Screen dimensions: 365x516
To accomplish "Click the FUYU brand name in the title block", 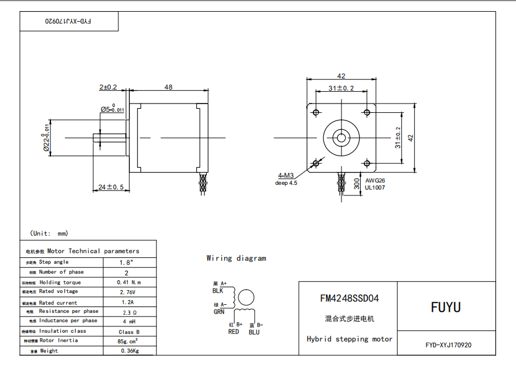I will (446, 307).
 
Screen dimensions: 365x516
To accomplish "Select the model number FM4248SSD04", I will (349, 298).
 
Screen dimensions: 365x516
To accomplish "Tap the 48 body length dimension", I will (168, 87).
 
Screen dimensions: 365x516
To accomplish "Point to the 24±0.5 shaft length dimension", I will (111, 187).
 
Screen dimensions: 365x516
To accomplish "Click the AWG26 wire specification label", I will (375, 181).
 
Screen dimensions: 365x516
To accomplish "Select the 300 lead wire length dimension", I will (357, 185).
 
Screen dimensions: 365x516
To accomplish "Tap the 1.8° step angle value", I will (127, 263).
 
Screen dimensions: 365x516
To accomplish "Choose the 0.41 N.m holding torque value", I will (129, 282).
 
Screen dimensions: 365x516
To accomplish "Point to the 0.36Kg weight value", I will (128, 351).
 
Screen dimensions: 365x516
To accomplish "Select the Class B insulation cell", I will (129, 332).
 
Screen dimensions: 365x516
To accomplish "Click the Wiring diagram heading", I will (236, 258).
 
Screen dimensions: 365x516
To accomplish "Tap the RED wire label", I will (233, 332).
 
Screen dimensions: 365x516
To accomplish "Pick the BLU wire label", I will (254, 332).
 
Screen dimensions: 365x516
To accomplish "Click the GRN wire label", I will (219, 312).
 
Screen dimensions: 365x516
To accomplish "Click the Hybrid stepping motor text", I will (349, 339).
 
